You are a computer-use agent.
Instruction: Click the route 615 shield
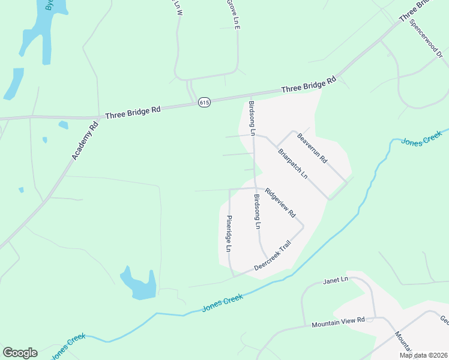[205, 103]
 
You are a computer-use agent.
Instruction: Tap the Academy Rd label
[84, 142]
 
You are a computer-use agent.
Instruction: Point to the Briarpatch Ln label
[293, 163]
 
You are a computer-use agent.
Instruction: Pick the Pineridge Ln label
[229, 233]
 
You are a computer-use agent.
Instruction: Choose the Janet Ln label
[336, 280]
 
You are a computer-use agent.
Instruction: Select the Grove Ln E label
[233, 14]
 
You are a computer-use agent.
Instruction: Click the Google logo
[20, 353]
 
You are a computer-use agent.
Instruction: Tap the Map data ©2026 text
[423, 355]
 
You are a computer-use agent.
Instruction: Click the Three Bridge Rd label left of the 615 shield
[133, 111]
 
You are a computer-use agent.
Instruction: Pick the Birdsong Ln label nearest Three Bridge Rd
[252, 118]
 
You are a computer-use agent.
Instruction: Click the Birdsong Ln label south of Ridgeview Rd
[257, 212]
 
